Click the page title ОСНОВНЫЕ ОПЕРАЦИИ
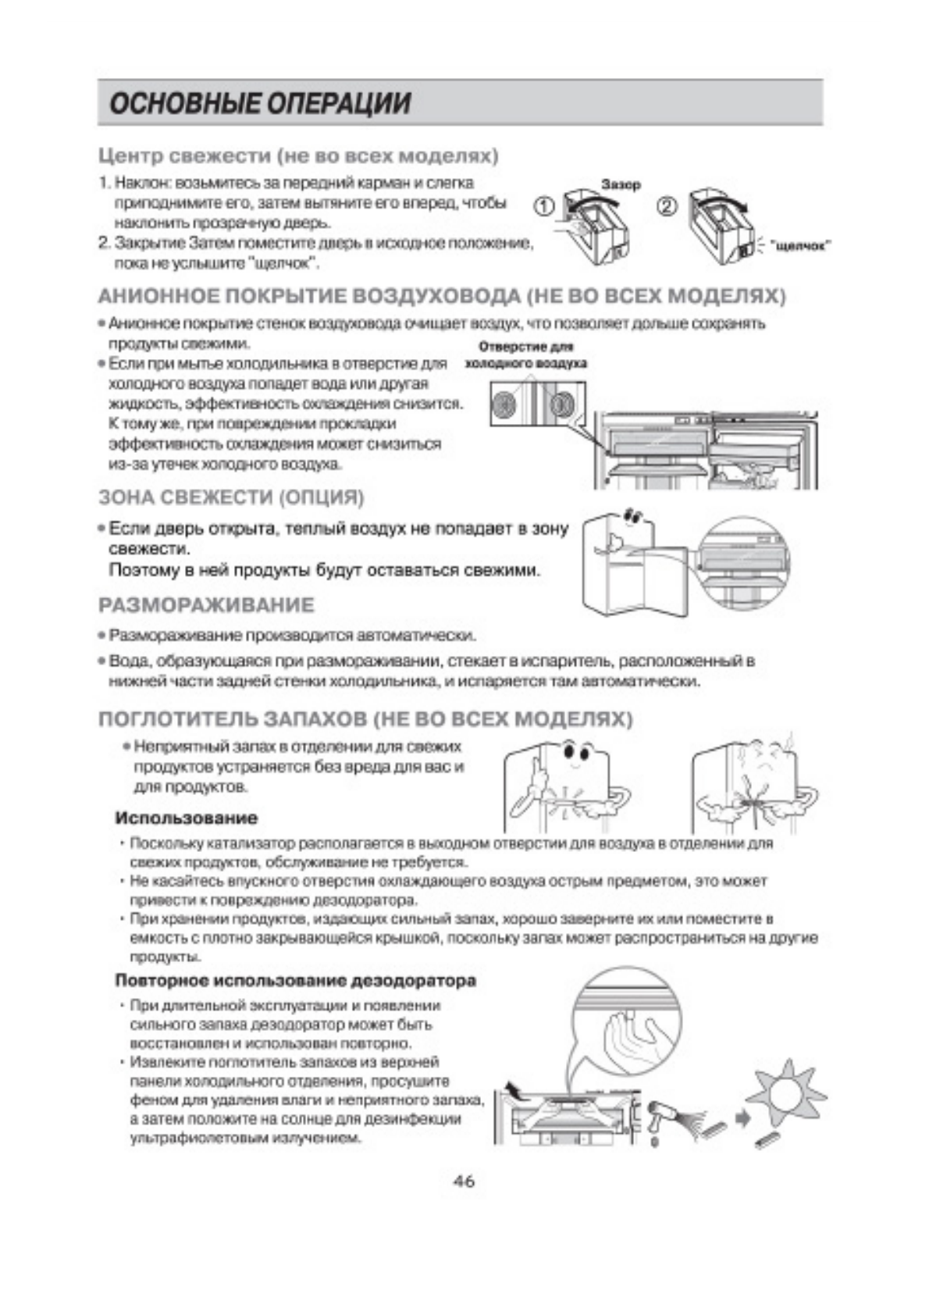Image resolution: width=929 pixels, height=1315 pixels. click(x=259, y=103)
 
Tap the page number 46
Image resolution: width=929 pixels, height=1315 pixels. click(x=464, y=1181)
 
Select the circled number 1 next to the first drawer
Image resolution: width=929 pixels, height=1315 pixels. click(x=544, y=207)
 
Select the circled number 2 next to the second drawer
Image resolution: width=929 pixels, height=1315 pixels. click(x=668, y=207)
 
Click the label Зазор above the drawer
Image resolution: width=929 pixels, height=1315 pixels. click(x=621, y=184)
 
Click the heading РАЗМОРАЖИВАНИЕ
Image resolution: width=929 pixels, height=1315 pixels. click(x=206, y=605)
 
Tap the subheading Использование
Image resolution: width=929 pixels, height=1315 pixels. click(x=186, y=818)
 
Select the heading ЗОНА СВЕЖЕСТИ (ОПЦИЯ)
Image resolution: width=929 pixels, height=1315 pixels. click(x=231, y=497)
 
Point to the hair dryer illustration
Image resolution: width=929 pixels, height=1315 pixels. click(x=664, y=1114)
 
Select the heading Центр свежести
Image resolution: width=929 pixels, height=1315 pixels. click(x=297, y=155)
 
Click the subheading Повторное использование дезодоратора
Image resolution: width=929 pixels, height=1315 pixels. click(x=295, y=980)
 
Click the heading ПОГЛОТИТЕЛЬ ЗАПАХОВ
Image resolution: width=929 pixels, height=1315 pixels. click(x=365, y=718)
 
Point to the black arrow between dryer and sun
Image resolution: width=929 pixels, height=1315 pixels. click(x=743, y=1118)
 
